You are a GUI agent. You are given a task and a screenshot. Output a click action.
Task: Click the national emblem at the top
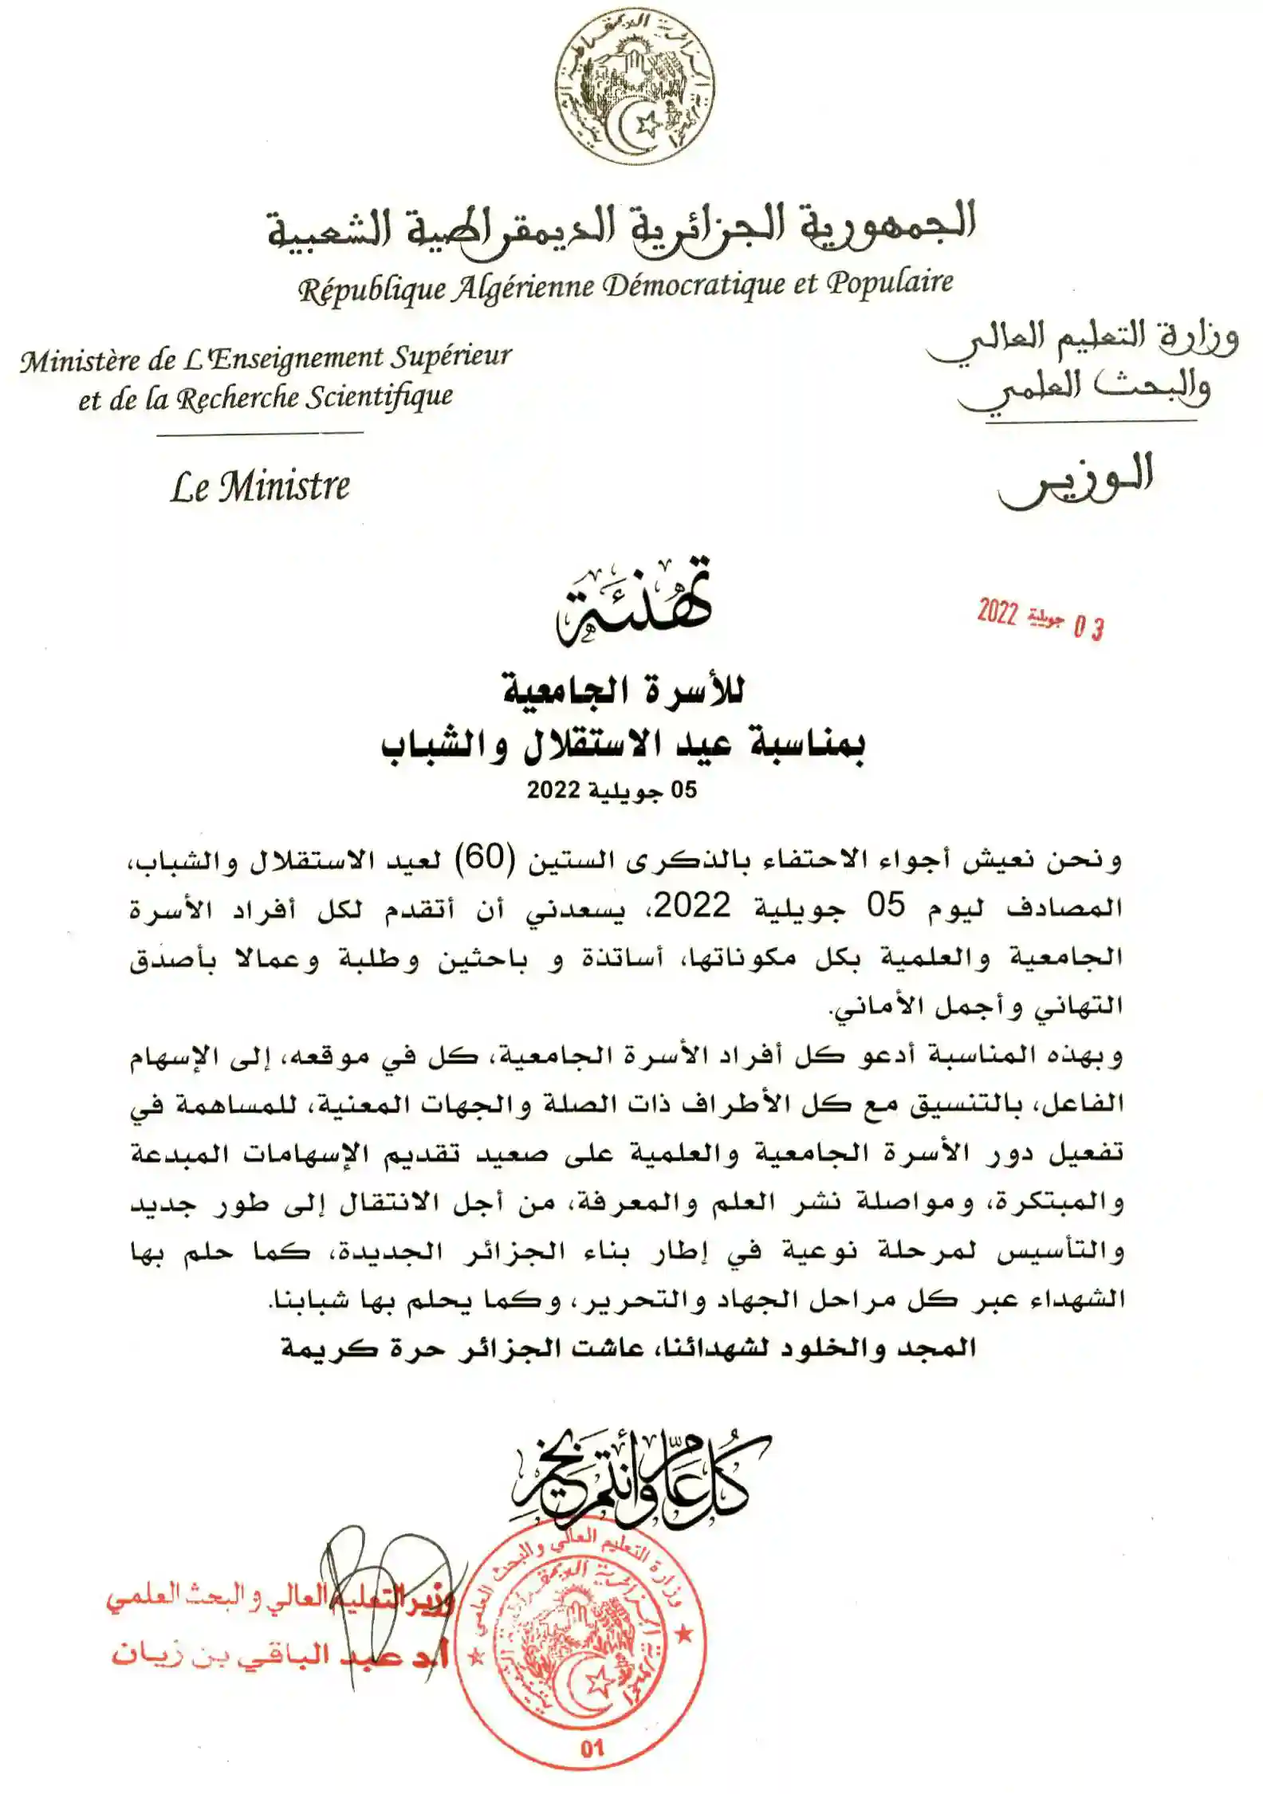pyautogui.click(x=635, y=89)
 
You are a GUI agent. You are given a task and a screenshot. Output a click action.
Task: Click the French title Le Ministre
pyautogui.click(x=260, y=486)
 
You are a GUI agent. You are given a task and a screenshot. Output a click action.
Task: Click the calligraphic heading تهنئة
pyautogui.click(x=634, y=603)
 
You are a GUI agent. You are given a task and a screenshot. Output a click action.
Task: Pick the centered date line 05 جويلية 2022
pyautogui.click(x=612, y=790)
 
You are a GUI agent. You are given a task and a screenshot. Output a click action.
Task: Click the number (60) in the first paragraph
pyautogui.click(x=487, y=858)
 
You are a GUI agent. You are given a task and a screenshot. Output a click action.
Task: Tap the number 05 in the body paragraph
pyautogui.click(x=886, y=906)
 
